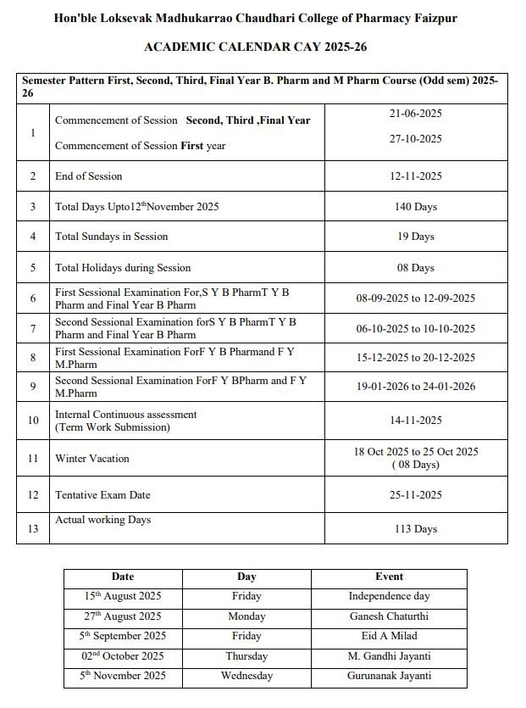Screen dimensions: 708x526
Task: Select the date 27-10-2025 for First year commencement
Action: [415, 138]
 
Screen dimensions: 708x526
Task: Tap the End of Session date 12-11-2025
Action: [415, 176]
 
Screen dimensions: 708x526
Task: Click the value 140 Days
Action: [415, 207]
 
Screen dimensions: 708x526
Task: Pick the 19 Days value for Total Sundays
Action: [415, 237]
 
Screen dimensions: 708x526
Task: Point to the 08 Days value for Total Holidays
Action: [415, 268]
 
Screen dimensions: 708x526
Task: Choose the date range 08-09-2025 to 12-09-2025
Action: [415, 298]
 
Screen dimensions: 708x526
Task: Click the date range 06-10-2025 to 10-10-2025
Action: [415, 329]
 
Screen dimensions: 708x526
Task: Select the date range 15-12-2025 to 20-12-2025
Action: [415, 358]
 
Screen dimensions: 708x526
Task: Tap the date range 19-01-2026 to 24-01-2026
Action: [415, 387]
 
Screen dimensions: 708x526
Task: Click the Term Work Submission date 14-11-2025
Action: [415, 421]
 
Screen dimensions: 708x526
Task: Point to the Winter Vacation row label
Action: [92, 459]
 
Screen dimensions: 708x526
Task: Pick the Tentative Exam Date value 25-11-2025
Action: [415, 495]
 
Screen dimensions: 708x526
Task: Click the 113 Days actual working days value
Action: [415, 529]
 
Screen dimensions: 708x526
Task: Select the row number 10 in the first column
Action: [33, 421]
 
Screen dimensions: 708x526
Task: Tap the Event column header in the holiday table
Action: [389, 577]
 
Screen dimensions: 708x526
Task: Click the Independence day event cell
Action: [389, 596]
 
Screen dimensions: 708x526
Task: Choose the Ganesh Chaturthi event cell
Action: [389, 616]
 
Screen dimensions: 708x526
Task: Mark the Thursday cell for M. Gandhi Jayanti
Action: [246, 656]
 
